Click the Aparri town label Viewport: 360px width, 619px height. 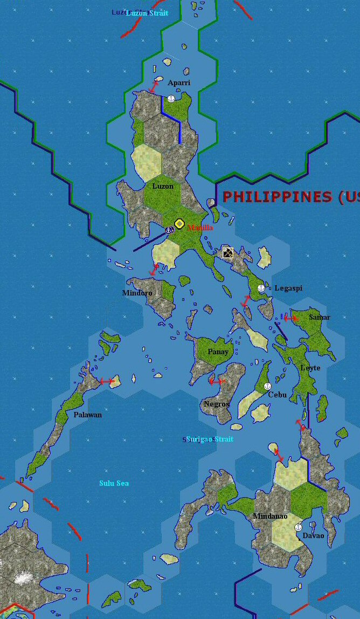(x=178, y=82)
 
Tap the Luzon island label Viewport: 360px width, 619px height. (x=163, y=186)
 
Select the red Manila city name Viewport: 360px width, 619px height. (x=200, y=228)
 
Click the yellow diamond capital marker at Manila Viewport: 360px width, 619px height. (x=179, y=223)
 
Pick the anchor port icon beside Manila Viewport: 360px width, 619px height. (x=169, y=230)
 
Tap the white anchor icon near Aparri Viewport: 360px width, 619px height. (x=171, y=99)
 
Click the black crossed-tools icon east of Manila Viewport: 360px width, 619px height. (x=228, y=252)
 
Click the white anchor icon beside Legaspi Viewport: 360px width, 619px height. (x=261, y=288)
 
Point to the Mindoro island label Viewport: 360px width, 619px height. (x=137, y=293)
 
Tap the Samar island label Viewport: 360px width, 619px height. (x=320, y=317)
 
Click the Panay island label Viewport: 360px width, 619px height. (x=218, y=352)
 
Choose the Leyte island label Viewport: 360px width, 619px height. (x=310, y=368)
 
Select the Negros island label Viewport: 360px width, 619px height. (x=217, y=404)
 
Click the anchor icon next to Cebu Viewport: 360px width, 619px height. (x=267, y=386)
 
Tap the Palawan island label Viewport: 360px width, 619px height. (x=87, y=415)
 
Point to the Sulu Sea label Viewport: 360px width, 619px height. (x=114, y=483)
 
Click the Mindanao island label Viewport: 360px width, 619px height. (x=270, y=516)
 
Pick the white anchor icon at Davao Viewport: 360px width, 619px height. (x=298, y=527)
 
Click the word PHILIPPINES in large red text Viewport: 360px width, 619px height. (x=277, y=197)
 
